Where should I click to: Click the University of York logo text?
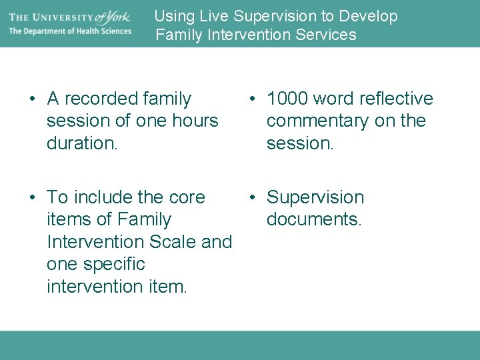(x=69, y=16)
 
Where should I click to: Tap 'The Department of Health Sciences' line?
(x=70, y=31)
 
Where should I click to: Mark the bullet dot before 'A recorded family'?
(x=33, y=99)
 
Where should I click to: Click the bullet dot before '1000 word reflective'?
(x=253, y=99)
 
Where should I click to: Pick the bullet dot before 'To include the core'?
(x=33, y=198)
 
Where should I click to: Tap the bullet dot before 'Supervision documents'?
(x=253, y=198)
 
